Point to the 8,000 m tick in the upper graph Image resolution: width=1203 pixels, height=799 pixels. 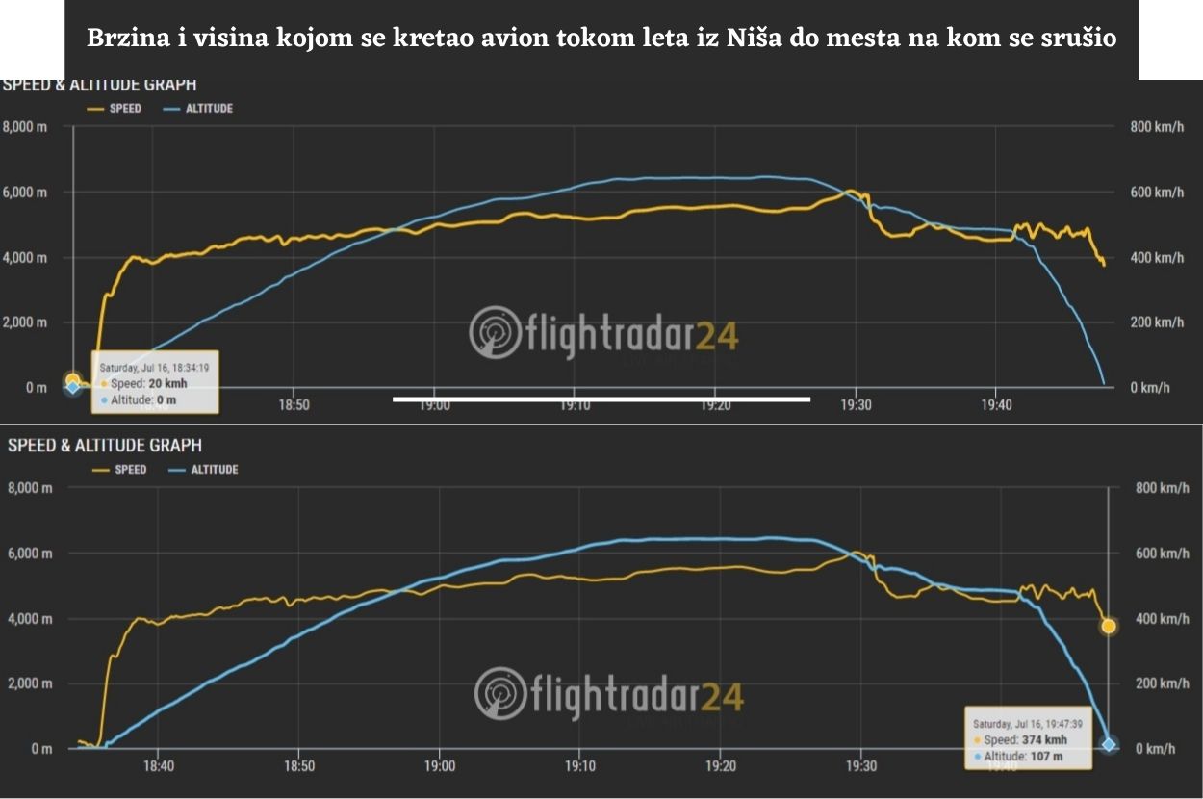pyautogui.click(x=25, y=127)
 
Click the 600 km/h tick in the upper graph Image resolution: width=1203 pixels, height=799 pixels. pyautogui.click(x=1156, y=193)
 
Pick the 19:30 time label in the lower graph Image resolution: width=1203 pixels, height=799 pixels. pyautogui.click(x=860, y=767)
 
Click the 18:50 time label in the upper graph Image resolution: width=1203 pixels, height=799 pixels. pyautogui.click(x=294, y=405)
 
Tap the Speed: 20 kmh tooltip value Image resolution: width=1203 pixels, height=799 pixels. pyautogui.click(x=149, y=383)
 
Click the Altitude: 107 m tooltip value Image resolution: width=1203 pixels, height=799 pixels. pyautogui.click(x=1020, y=757)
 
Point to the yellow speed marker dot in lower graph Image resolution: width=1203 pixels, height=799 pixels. pyautogui.click(x=1109, y=627)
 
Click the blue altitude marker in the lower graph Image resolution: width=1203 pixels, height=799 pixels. pyautogui.click(x=1109, y=744)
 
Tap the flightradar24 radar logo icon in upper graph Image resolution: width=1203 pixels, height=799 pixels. pyautogui.click(x=495, y=332)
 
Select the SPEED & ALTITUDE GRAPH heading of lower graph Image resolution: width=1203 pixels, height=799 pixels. pyautogui.click(x=105, y=446)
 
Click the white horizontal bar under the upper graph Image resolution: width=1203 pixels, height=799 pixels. pyautogui.click(x=601, y=399)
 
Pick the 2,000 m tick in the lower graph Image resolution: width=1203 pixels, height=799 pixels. pyautogui.click(x=29, y=683)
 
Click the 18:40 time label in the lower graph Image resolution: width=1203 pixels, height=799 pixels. pyautogui.click(x=159, y=767)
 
